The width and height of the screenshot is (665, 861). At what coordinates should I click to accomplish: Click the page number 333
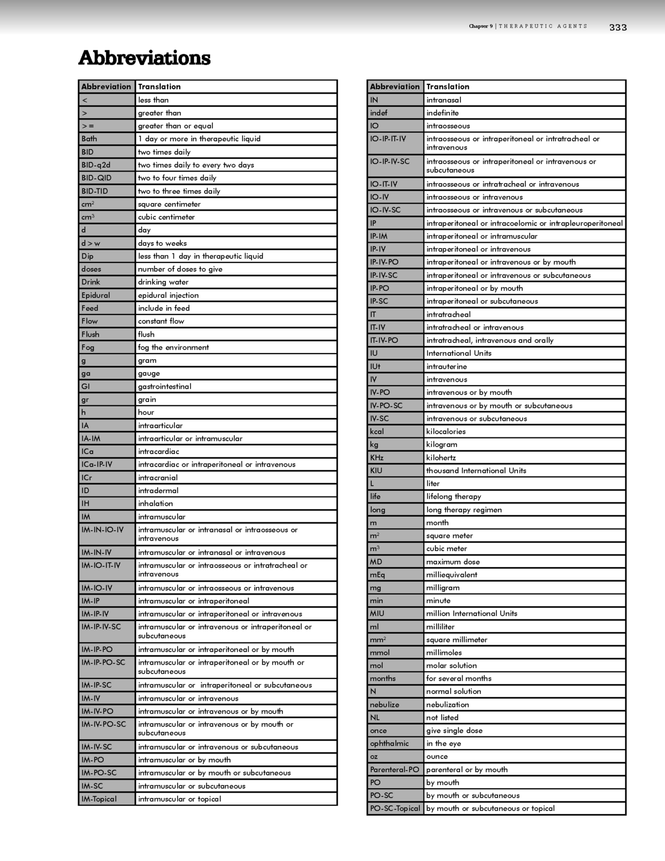tap(618, 27)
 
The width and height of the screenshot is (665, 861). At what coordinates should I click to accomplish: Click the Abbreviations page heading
tap(145, 58)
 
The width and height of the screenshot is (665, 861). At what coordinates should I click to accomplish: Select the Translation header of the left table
tap(160, 87)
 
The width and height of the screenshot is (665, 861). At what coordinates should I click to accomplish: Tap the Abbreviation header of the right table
tap(395, 87)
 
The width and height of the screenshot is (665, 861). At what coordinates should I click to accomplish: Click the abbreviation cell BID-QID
tap(96, 178)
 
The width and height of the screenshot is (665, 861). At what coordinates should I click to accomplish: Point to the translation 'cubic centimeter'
tap(166, 217)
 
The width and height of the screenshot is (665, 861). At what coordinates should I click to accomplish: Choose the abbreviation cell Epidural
tap(96, 295)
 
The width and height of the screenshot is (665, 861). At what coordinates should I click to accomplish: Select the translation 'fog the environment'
tap(173, 347)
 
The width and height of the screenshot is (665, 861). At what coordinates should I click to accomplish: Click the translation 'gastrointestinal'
tap(165, 386)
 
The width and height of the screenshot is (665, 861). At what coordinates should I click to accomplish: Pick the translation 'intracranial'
tap(158, 478)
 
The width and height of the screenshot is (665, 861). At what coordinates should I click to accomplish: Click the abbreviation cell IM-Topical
tap(99, 799)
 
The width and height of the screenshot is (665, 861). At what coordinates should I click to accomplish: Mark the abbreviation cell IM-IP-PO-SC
tap(103, 662)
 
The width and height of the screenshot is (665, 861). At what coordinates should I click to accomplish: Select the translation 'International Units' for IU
tap(458, 353)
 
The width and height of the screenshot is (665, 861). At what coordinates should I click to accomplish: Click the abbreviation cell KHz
tap(377, 457)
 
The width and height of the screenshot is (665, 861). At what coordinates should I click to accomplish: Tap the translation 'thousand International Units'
tap(476, 471)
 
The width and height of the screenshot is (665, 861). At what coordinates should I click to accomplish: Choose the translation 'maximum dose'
tap(453, 562)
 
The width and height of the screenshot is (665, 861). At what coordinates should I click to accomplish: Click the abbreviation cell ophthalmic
tap(390, 743)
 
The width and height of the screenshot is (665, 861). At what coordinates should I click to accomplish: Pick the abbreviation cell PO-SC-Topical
tap(395, 808)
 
